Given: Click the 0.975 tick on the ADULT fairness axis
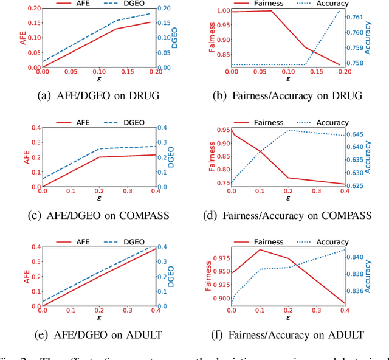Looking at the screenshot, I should tap(217, 259).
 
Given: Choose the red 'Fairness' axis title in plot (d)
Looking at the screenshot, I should tap(212, 157).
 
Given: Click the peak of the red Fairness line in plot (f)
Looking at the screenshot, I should tap(260, 249).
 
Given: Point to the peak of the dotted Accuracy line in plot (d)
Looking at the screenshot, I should tap(289, 130).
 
